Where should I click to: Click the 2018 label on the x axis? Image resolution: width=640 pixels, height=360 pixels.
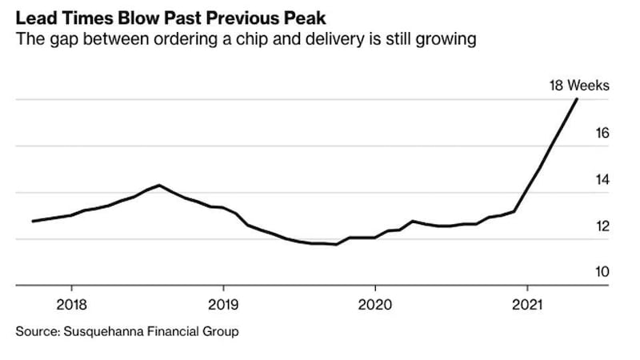click(71, 305)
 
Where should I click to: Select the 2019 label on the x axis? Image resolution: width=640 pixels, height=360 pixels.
click(223, 305)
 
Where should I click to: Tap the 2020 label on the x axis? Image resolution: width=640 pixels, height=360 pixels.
click(375, 305)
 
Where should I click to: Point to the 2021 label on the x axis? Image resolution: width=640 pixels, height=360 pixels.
click(527, 305)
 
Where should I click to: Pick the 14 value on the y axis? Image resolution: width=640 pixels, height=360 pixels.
click(602, 179)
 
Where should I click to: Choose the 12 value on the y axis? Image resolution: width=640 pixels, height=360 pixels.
click(602, 226)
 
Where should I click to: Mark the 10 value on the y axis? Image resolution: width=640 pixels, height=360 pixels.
click(602, 272)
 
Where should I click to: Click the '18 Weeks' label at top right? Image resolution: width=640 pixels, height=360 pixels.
click(579, 86)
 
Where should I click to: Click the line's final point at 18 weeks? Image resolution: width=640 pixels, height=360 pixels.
click(577, 99)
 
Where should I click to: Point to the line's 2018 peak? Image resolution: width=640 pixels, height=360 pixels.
click(159, 185)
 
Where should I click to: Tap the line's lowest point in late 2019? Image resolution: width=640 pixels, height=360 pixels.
click(336, 245)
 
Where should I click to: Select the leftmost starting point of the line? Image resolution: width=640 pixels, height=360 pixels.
click(33, 221)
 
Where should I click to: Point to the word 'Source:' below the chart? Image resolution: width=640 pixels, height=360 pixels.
click(38, 330)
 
